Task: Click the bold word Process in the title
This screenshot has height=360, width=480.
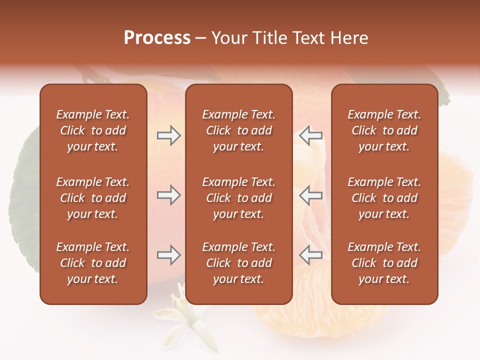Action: [157, 38]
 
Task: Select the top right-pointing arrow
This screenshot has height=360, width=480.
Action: [168, 135]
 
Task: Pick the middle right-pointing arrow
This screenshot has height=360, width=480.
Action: [168, 195]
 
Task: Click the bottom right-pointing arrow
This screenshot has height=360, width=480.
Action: [168, 255]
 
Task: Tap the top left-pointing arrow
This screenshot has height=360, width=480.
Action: [310, 135]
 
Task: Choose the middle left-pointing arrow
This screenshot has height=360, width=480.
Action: [310, 195]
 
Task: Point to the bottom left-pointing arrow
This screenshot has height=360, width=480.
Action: [310, 255]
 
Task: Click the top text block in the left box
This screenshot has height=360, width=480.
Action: [93, 130]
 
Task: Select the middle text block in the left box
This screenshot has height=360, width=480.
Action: [93, 198]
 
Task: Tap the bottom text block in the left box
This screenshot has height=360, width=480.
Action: [93, 263]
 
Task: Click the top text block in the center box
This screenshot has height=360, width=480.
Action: [238, 130]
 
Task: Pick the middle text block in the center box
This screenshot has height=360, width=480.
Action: [238, 198]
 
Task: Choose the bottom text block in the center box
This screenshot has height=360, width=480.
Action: [238, 263]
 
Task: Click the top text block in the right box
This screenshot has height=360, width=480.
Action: [384, 130]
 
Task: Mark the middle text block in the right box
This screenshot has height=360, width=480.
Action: [384, 198]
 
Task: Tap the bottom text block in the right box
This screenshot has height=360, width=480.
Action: [384, 263]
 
